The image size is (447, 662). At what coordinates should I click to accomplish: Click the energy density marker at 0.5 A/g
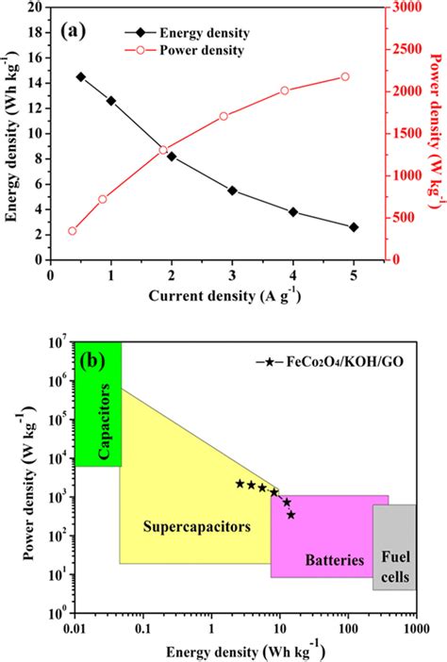coord(80,76)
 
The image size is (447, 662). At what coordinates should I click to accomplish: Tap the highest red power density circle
coord(344,76)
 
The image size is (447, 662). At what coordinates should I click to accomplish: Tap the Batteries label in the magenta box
coord(334,560)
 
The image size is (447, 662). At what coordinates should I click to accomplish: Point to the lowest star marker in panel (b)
coord(291,515)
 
